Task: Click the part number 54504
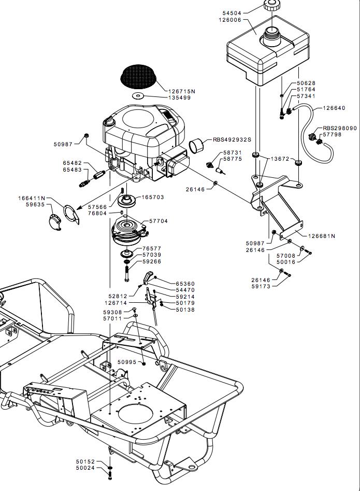[x=233, y=13]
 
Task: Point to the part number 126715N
[x=182, y=91]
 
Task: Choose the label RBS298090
[x=340, y=128]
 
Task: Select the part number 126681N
[x=322, y=236]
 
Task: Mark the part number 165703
[x=153, y=197]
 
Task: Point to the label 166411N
[x=32, y=198]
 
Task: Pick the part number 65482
[x=73, y=163]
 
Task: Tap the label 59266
[x=152, y=261]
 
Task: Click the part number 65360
[x=185, y=284]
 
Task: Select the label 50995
[x=127, y=362]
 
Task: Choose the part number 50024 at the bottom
[x=85, y=468]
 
